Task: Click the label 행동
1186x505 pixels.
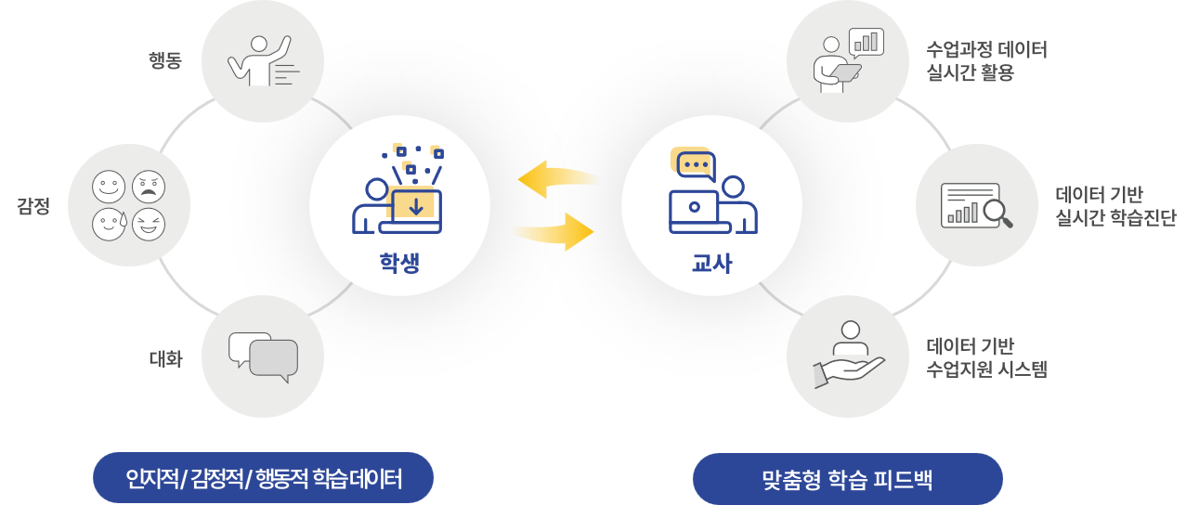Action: point(164,61)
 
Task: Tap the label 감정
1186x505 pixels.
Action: point(33,206)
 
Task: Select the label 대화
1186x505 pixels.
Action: point(164,358)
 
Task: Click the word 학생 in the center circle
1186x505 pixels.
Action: point(399,263)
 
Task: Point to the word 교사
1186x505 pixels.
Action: point(711,263)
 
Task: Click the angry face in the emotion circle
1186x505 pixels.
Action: point(148,188)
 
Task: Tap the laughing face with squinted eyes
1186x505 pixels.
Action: point(148,224)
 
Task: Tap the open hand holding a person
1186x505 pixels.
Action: point(846,359)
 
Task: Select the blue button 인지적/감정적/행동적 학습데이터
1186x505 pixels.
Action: point(264,479)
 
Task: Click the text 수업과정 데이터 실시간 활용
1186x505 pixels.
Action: point(986,61)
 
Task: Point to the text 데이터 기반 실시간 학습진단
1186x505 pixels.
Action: point(1115,206)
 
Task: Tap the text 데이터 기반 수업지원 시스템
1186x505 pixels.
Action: point(986,358)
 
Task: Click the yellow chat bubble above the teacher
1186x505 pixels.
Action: point(695,165)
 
